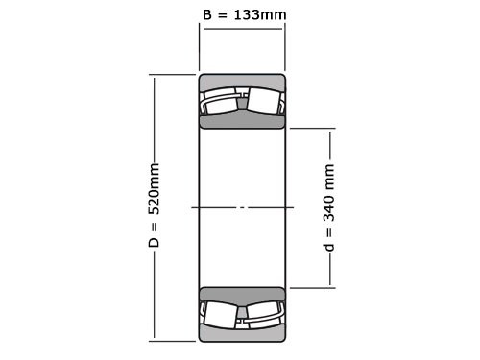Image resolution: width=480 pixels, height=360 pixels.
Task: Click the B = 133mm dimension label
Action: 244,14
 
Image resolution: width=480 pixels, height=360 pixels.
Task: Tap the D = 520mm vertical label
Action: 154,205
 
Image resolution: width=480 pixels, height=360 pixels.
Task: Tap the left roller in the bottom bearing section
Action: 221,314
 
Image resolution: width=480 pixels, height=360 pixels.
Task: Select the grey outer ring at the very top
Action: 242,81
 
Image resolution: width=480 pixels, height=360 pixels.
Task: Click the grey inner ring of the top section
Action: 242,121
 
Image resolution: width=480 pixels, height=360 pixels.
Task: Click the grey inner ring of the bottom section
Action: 242,294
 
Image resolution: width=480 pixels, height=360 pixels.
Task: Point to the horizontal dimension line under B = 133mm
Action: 242,29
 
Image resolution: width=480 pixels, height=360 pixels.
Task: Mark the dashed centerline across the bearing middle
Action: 242,207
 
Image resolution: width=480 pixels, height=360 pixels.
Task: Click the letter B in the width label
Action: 207,14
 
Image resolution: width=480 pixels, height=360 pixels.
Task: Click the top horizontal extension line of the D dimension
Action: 173,75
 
